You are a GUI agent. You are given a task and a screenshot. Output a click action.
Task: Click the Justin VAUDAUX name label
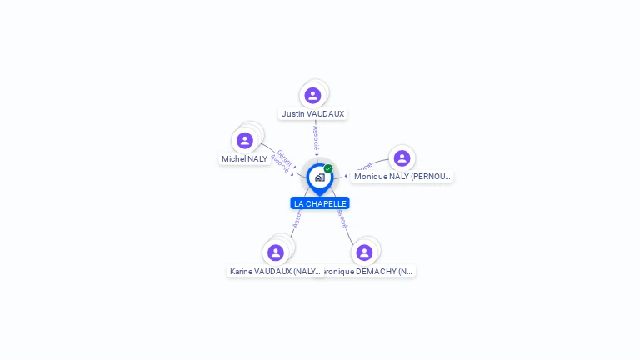click(x=312, y=113)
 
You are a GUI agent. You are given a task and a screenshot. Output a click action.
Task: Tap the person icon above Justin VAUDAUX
click(x=312, y=95)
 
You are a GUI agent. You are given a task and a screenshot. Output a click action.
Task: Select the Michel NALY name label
click(x=244, y=158)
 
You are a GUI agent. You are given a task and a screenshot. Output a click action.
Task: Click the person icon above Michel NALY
click(x=244, y=140)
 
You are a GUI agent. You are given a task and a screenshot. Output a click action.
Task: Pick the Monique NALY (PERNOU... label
click(x=402, y=176)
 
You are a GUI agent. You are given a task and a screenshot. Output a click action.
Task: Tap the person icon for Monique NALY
click(x=402, y=158)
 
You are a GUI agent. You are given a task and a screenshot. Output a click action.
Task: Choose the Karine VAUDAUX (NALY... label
click(x=275, y=271)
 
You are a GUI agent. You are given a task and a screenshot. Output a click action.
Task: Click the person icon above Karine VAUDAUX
click(x=275, y=252)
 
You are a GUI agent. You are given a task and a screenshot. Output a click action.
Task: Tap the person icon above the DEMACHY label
click(x=364, y=252)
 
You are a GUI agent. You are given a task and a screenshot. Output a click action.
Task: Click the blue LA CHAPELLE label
click(x=320, y=203)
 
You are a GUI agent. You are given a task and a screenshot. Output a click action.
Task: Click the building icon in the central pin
click(x=319, y=177)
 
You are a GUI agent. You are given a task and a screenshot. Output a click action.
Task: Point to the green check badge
click(x=328, y=169)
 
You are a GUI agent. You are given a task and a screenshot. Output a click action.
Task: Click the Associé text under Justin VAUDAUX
click(x=316, y=138)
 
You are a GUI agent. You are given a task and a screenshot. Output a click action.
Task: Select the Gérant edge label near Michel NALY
click(x=285, y=156)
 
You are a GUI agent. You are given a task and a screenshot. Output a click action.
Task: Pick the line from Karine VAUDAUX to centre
click(x=295, y=226)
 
